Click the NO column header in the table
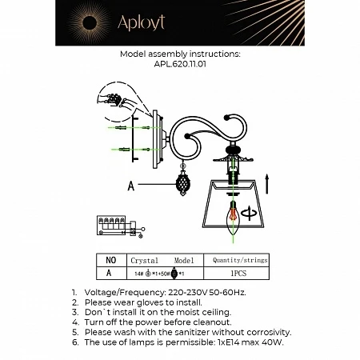[111, 260]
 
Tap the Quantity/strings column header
[241, 260]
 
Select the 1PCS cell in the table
[241, 273]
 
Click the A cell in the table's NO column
[111, 273]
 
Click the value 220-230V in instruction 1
[186, 294]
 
